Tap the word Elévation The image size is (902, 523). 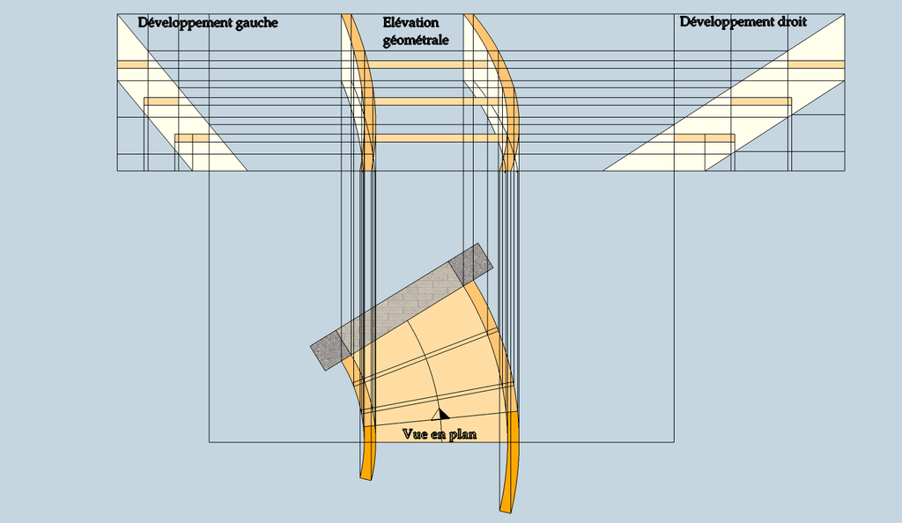coord(410,23)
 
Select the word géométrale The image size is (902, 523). coord(416,41)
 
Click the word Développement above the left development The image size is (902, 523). coord(185,24)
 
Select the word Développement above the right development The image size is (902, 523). coord(727,22)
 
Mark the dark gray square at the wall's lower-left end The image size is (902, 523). coord(331,350)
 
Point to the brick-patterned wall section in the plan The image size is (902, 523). coord(401,307)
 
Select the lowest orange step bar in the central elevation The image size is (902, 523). coord(439,138)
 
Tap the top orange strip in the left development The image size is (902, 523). coord(133,64)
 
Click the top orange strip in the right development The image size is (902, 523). coord(816,64)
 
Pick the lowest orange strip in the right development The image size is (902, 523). coord(704,138)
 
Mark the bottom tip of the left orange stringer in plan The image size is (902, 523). coord(366,477)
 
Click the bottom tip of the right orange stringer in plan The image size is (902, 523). coord(505,510)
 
